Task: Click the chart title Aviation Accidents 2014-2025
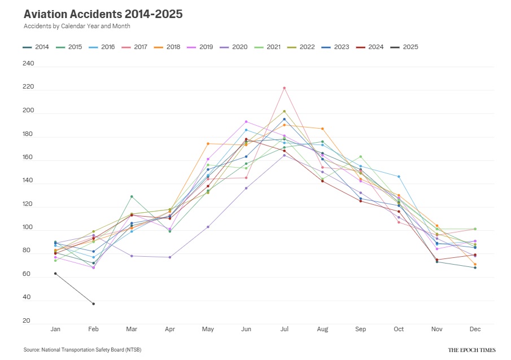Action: pos(103,14)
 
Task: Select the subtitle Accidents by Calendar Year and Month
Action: pos(77,27)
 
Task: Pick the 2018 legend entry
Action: pos(169,47)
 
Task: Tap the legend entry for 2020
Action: pos(235,47)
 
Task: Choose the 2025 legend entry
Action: pos(407,47)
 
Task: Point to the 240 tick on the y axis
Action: pos(29,64)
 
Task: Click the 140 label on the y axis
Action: pos(29,182)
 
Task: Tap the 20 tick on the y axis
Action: pos(27,321)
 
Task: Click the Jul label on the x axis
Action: pos(285,329)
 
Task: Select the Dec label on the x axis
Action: pos(475,329)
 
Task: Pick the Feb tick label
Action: pos(93,329)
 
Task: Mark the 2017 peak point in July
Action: pos(285,88)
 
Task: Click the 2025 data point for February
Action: pos(93,304)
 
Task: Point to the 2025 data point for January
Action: pos(55,273)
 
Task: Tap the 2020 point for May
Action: pos(208,227)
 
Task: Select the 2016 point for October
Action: pos(399,177)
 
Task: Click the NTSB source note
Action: pos(82,350)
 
